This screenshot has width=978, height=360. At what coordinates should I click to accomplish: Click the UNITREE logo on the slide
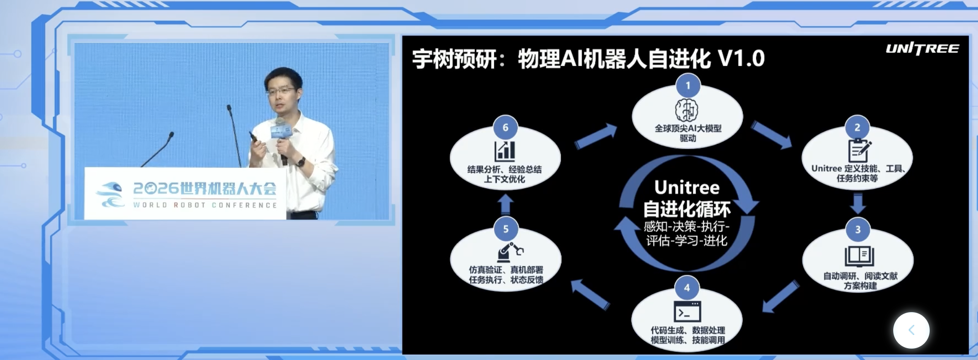(922, 49)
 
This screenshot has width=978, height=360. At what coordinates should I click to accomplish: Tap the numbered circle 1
(688, 85)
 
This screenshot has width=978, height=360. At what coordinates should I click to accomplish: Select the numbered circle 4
(687, 288)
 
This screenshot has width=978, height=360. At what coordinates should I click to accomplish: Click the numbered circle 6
(505, 128)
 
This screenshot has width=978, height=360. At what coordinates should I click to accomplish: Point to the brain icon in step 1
(687, 110)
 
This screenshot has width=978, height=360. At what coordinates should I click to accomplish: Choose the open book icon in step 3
(859, 257)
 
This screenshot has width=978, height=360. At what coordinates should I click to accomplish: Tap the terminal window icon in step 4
(687, 312)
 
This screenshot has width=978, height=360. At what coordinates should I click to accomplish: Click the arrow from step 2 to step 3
(858, 204)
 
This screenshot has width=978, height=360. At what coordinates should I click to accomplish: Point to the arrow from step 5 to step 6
(505, 205)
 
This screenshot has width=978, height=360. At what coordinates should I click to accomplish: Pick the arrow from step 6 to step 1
(595, 136)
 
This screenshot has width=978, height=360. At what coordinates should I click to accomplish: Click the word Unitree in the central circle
(687, 188)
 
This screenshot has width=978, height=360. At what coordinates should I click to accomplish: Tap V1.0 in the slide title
(741, 59)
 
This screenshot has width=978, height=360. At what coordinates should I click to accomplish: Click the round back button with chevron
(911, 330)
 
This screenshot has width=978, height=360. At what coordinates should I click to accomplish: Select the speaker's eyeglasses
(281, 91)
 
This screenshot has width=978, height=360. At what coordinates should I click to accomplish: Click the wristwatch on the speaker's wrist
(301, 161)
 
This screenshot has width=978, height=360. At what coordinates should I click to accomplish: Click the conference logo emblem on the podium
(110, 195)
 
